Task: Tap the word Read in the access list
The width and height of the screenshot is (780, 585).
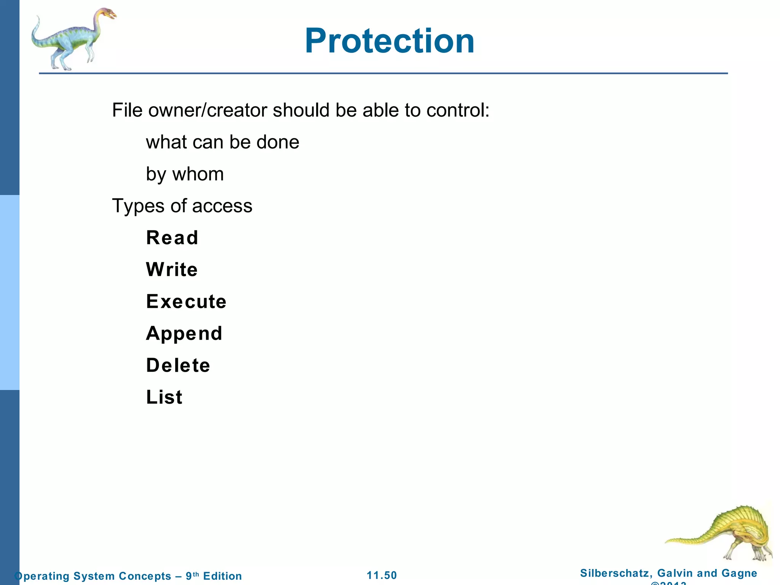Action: (x=172, y=238)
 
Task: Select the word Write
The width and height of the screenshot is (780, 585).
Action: (x=172, y=270)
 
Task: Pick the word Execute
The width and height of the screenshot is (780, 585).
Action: (x=186, y=302)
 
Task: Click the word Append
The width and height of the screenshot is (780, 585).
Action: (x=184, y=334)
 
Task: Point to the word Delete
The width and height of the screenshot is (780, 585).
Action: (x=178, y=366)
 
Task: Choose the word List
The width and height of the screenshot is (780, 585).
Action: (x=164, y=397)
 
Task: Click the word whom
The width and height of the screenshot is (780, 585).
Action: (x=198, y=174)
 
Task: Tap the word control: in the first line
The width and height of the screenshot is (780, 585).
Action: (x=458, y=110)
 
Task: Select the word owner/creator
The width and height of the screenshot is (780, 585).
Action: (x=208, y=110)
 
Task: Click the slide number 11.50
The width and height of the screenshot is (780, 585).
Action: (x=382, y=575)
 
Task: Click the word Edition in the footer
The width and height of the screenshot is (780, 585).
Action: (x=222, y=576)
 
